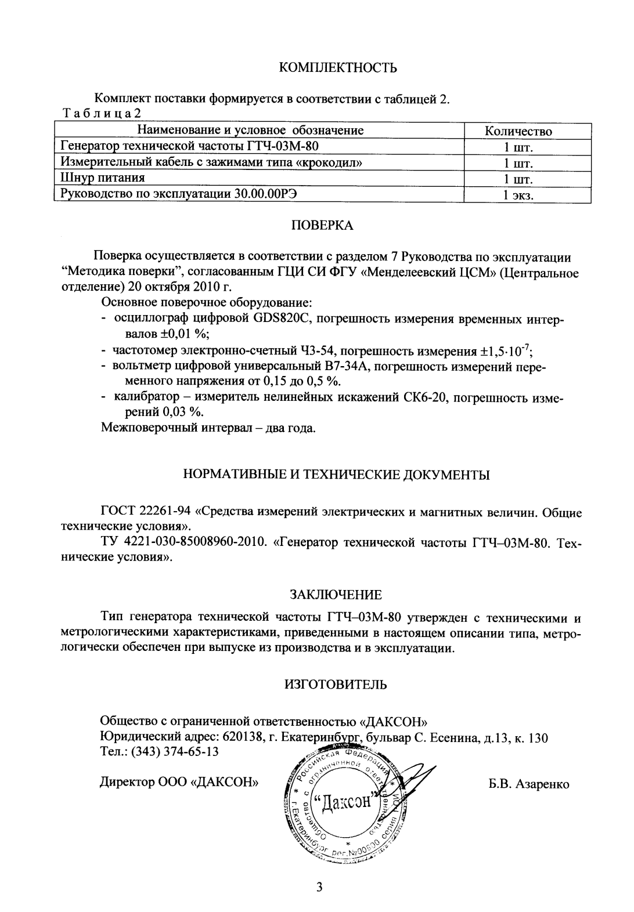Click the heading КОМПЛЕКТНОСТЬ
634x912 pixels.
338,68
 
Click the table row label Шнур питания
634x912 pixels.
102,178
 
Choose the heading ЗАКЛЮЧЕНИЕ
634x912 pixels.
336,595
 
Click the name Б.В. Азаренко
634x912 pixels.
529,784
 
